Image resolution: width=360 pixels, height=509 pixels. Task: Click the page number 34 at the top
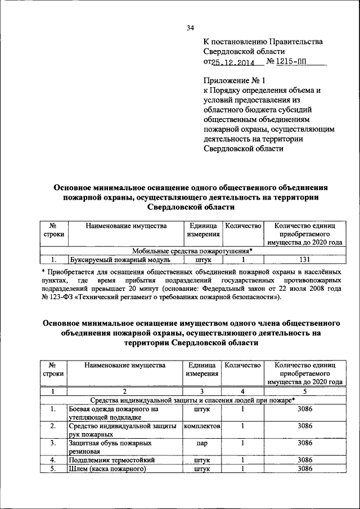pyautogui.click(x=190, y=28)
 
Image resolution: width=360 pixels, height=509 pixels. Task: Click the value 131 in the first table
pyautogui.click(x=304, y=260)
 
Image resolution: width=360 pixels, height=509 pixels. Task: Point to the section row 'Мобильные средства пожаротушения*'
pyautogui.click(x=192, y=251)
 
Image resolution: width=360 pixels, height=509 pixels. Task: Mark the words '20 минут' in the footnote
pyautogui.click(x=129, y=288)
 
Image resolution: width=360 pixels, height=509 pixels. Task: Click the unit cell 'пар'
pyautogui.click(x=202, y=444)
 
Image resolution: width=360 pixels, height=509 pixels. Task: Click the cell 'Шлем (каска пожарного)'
pyautogui.click(x=107, y=469)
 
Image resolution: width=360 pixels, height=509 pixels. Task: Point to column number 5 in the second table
pyautogui.click(x=304, y=391)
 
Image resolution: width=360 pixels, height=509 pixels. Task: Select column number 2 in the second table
pyautogui.click(x=125, y=391)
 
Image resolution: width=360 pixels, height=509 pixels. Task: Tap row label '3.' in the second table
pyautogui.click(x=53, y=444)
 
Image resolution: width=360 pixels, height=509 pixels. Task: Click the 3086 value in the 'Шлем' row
pyautogui.click(x=304, y=469)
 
